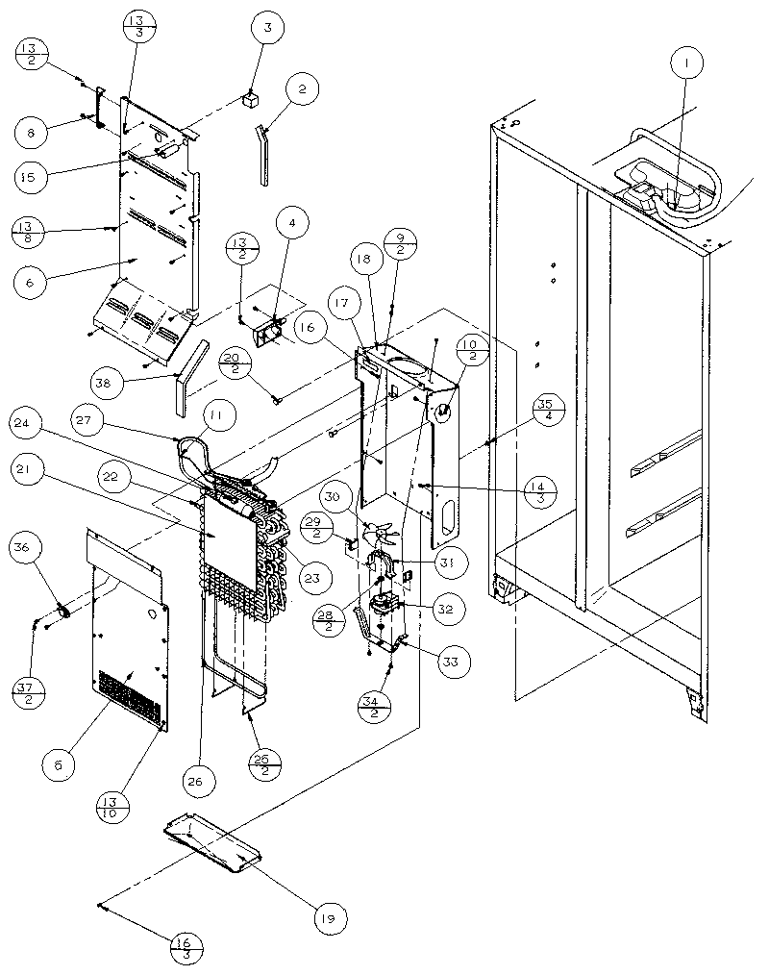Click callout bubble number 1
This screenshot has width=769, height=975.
pos(686,64)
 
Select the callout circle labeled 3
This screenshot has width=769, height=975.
pos(268,29)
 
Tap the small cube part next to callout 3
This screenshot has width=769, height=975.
pos(251,97)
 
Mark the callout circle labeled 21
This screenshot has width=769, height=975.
pos(31,469)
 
